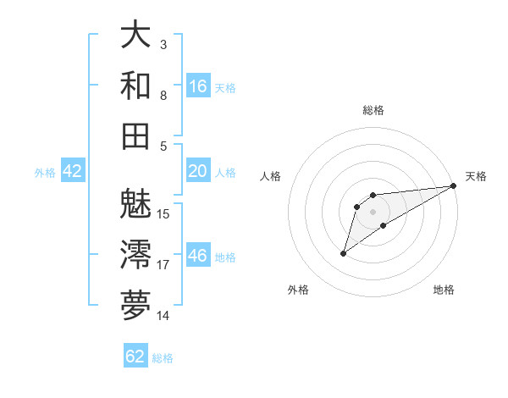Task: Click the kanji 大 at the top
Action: pos(135,35)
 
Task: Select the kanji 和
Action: pos(135,86)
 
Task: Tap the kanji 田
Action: pos(135,136)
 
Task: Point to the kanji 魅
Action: pos(135,202)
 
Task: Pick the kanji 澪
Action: pos(135,254)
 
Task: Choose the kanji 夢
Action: pos(135,305)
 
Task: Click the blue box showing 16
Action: pos(198,86)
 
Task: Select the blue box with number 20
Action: pos(198,172)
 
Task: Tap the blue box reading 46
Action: pos(198,257)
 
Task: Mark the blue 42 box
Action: pos(73,172)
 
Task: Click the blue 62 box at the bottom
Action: pos(135,357)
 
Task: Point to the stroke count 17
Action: pos(163,265)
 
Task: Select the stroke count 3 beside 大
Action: pos(163,44)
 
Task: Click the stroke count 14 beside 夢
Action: pos(163,316)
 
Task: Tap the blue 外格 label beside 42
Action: pos(45,173)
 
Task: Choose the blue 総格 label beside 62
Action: pos(163,358)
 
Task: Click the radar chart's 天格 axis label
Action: pos(476,176)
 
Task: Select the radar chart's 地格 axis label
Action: pos(444,290)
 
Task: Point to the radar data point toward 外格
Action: pos(343,253)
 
